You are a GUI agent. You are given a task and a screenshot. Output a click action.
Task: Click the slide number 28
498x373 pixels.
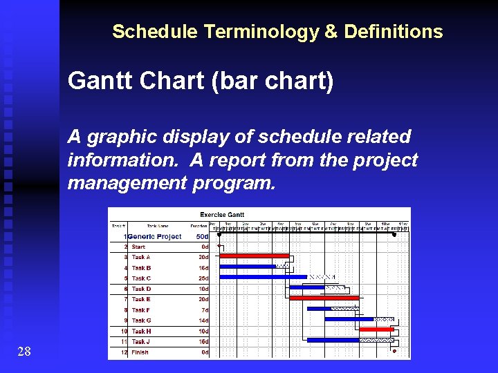[x=24, y=352]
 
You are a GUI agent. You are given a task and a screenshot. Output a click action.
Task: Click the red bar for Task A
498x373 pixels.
[x=253, y=256]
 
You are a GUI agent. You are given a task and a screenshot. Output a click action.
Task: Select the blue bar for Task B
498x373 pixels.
[x=247, y=267]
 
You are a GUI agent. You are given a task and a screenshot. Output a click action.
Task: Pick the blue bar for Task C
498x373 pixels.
[x=263, y=277]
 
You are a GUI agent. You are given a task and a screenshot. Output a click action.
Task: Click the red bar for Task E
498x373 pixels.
[x=324, y=298]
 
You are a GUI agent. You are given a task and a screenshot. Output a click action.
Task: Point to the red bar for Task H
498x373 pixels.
[x=376, y=330]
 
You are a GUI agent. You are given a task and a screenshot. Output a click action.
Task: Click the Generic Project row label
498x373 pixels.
[x=154, y=236]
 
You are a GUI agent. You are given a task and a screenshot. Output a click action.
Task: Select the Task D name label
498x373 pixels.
[x=141, y=289]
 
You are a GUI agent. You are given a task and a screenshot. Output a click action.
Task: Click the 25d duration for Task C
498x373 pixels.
[x=203, y=278]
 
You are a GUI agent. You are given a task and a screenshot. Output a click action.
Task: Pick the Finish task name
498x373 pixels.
[x=140, y=352]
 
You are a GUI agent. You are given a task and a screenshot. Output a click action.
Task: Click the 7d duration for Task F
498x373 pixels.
[x=205, y=310]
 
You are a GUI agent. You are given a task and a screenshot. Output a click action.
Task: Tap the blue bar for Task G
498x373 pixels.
[x=349, y=319]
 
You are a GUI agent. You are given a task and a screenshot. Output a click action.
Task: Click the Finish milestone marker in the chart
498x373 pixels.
[x=394, y=351]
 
